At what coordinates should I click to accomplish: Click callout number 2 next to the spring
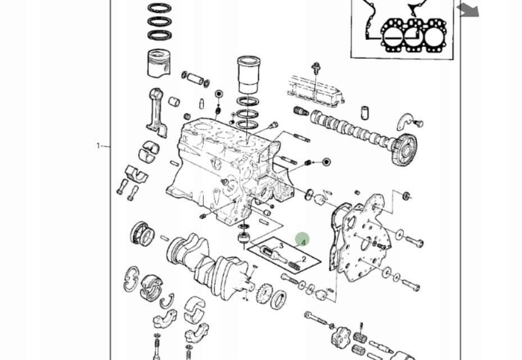(x=304, y=259)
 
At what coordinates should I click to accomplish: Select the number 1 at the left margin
(x=98, y=146)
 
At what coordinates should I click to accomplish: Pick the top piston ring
(x=160, y=8)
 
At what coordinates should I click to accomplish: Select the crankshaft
(x=208, y=262)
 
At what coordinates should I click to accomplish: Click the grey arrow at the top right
(x=467, y=10)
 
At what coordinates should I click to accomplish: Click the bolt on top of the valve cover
(x=316, y=70)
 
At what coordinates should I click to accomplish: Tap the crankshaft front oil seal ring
(x=279, y=299)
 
